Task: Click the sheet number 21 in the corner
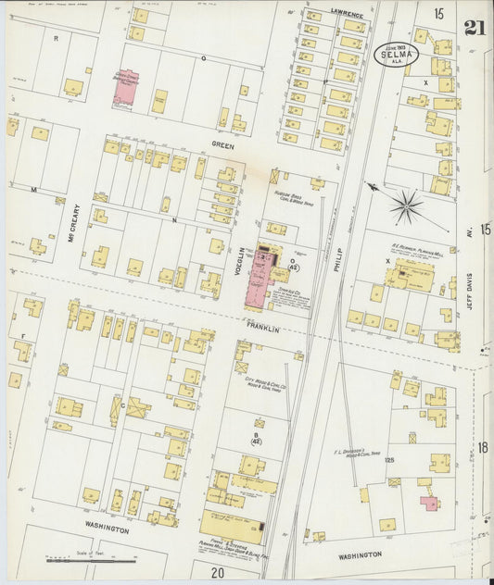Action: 475,27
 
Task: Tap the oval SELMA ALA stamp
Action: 396,55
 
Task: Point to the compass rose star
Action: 406,205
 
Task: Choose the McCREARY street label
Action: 77,223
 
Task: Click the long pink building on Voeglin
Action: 260,278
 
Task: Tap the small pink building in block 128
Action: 428,503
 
